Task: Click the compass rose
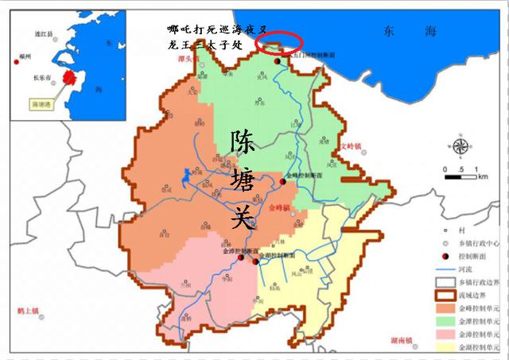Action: [460, 147]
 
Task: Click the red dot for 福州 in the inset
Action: [17, 57]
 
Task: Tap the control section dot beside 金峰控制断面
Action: [283, 182]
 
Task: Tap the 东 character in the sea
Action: [389, 32]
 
